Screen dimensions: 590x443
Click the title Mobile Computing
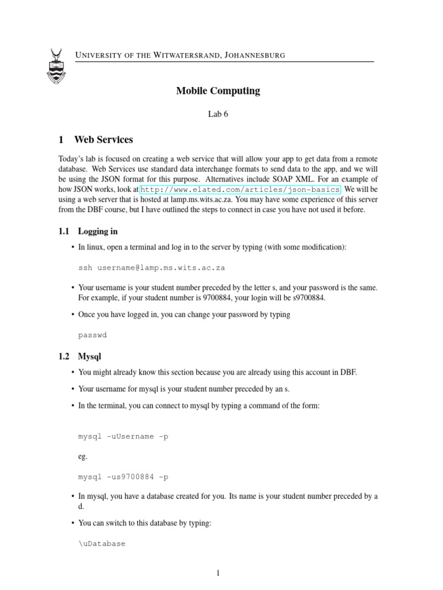[218, 90]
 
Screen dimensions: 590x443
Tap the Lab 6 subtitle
[218, 114]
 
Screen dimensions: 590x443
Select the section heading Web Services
[104, 139]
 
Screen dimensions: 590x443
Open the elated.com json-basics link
[241, 189]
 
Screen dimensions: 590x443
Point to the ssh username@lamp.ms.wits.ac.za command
[152, 268]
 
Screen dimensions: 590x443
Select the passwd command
[93, 334]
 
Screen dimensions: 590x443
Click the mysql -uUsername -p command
[123, 436]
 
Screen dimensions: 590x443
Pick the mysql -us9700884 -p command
[123, 477]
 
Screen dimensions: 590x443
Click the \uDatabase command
[102, 543]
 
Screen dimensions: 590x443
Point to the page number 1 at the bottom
[219, 573]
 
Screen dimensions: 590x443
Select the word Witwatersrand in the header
[186, 55]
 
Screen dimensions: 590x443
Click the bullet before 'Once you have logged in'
[72, 315]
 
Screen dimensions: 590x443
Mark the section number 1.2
[64, 357]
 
